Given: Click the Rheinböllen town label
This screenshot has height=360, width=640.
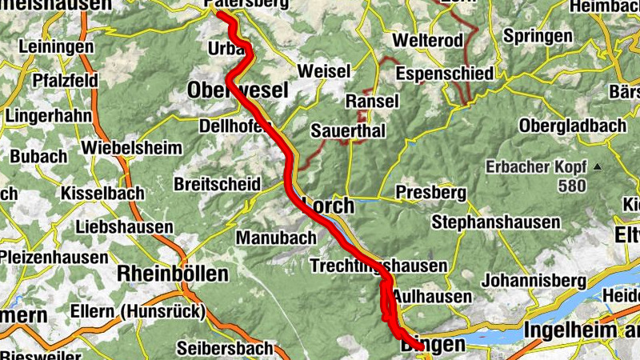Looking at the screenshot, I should pyautogui.click(x=172, y=274).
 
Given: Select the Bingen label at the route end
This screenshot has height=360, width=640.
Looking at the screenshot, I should pyautogui.click(x=432, y=345).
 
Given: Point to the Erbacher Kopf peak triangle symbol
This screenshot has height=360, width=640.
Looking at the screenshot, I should pyautogui.click(x=595, y=168).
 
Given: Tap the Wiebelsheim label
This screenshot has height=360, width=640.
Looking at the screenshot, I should pyautogui.click(x=128, y=149).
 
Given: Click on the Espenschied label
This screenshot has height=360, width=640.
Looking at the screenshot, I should pyautogui.click(x=444, y=74).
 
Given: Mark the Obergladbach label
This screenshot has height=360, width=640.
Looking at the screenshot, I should pyautogui.click(x=573, y=126).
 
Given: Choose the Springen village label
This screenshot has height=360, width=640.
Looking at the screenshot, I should pyautogui.click(x=538, y=37).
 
